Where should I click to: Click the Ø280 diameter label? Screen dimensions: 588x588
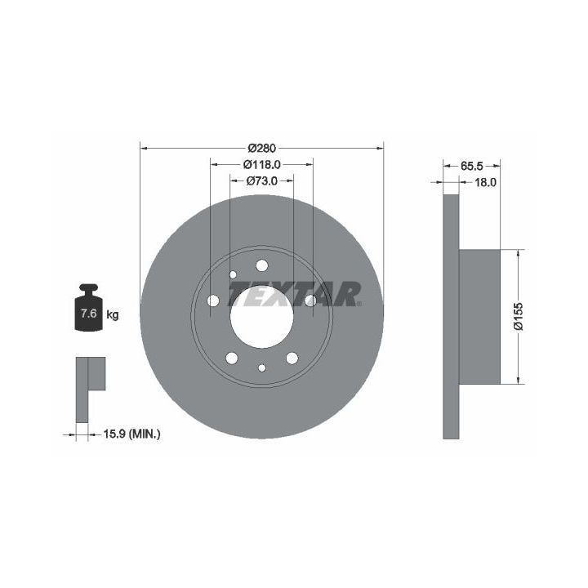pos(262,148)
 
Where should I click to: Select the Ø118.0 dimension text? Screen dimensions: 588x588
pos(262,164)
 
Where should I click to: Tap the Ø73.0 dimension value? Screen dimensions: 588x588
pos(262,180)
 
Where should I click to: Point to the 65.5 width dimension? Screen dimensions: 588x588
pos(472,165)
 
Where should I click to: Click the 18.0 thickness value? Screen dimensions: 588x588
pos(486,182)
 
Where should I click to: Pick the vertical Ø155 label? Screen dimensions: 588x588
pos(519,317)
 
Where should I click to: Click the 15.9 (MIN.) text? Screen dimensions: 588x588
pos(131,434)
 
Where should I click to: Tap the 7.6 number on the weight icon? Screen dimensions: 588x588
pos(89,313)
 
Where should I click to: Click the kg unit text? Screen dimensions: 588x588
pos(113,314)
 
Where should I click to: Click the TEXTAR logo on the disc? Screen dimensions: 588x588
pos(295,294)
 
